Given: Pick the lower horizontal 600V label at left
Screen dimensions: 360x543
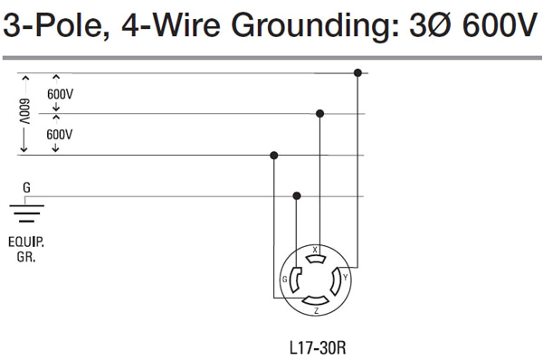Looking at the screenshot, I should (61, 134).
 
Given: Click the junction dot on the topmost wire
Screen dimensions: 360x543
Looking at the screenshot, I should (358, 72).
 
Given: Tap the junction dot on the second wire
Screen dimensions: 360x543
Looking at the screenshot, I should (319, 114).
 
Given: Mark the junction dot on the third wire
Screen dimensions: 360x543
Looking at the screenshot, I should (274, 156).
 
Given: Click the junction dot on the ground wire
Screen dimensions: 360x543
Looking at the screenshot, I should (297, 195).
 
